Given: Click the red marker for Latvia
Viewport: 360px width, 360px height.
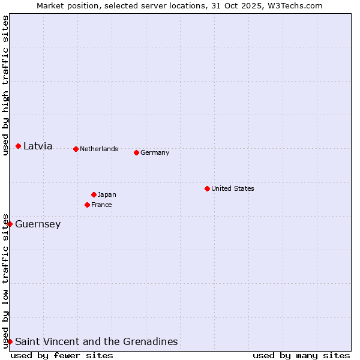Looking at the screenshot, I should [19, 146].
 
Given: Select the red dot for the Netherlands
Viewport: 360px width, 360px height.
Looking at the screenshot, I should [76, 149].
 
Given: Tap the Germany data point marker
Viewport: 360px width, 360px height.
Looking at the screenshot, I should [136, 152].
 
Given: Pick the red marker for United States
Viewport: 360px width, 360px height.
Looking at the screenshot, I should [207, 188].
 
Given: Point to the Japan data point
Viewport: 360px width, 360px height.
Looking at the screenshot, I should [94, 194].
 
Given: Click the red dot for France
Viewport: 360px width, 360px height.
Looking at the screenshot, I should [87, 205].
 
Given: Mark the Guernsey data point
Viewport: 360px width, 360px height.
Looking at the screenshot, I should [10, 224].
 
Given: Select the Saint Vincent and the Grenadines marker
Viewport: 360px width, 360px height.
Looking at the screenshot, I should [10, 341].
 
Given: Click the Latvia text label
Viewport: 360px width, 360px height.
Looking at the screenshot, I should [38, 146].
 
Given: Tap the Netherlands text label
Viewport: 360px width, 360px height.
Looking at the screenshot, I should [99, 149].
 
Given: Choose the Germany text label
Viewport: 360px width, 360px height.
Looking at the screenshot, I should [155, 152].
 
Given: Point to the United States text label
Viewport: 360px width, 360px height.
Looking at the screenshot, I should [233, 188].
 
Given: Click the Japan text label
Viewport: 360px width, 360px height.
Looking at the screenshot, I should [107, 194].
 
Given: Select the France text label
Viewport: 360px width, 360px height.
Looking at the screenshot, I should [101, 205].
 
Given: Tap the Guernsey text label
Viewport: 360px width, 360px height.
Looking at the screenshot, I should [38, 224].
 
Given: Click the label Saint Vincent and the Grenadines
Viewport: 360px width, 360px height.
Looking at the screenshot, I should [97, 341].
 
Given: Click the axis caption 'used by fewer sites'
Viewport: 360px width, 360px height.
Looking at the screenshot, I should [62, 355].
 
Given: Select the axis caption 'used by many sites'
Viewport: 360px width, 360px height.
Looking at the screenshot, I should [301, 355].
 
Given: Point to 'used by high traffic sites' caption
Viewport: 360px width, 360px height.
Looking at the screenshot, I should [5, 85].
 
